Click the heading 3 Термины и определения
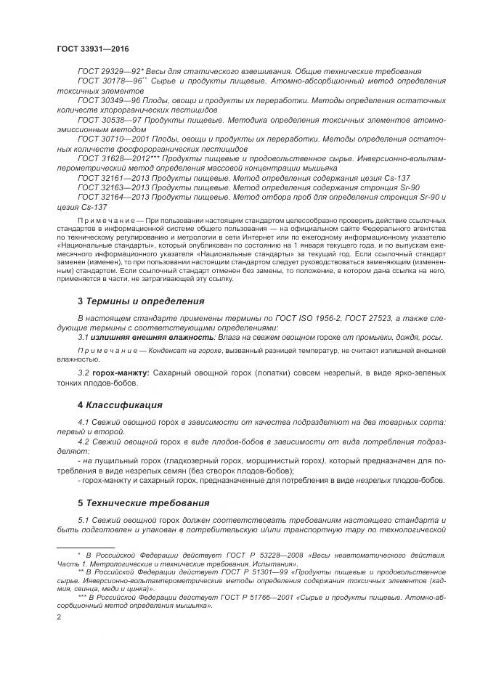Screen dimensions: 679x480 click(141, 301)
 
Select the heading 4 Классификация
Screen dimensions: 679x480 click(120, 404)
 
